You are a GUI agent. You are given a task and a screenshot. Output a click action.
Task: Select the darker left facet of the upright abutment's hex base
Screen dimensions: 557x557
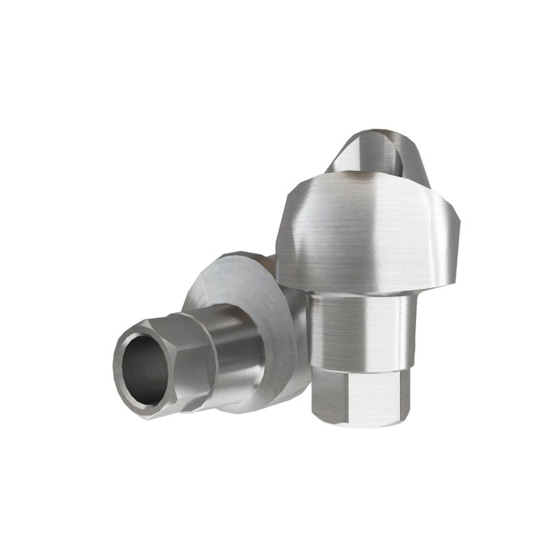click(324, 393)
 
